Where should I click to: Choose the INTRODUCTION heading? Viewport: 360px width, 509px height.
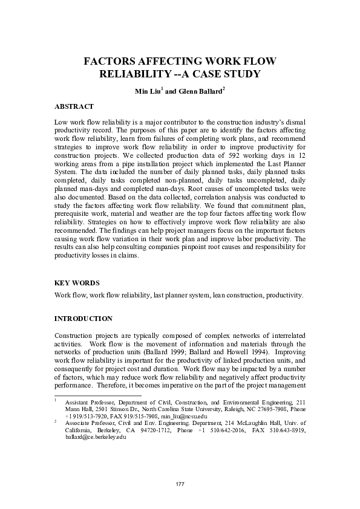click(x=83, y=318)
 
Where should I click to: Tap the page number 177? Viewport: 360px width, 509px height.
click(x=180, y=485)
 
